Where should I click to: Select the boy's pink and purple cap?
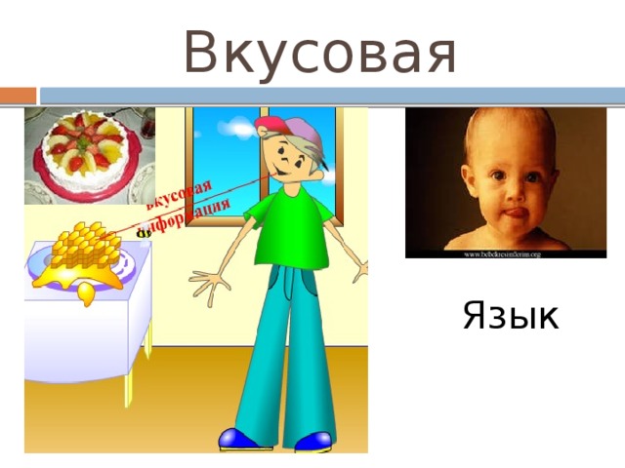click(283, 127)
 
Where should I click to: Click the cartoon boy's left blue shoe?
click(241, 441)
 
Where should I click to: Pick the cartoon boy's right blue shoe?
click(313, 442)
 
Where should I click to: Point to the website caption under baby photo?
click(495, 253)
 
